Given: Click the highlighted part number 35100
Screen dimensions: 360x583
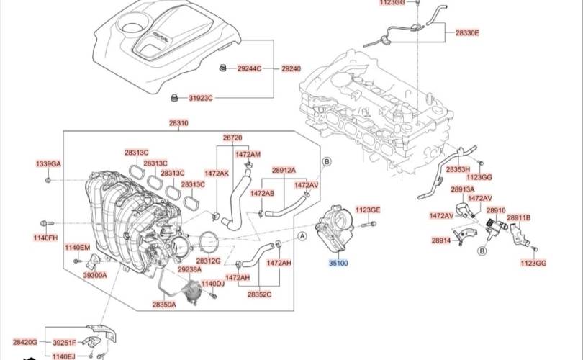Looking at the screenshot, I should [x=338, y=264].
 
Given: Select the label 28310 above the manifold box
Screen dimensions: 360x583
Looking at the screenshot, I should [x=178, y=123].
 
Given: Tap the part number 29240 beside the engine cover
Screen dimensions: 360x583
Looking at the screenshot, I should [x=291, y=68].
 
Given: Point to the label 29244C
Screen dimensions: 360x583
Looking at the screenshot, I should [x=250, y=68].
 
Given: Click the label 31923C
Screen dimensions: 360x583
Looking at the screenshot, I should [x=201, y=97].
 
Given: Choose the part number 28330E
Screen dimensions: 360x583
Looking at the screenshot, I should [x=466, y=33].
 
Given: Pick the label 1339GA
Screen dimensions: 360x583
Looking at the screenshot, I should [x=48, y=164].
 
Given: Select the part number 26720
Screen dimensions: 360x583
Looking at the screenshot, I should [x=232, y=137].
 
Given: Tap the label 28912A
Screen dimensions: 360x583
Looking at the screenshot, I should [x=284, y=170].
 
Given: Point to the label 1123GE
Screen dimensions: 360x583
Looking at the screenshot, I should [x=368, y=210].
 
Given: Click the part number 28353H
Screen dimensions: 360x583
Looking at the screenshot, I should [x=458, y=168].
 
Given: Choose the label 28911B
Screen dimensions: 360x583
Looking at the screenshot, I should [x=518, y=217].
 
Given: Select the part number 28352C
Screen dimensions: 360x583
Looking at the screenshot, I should [x=259, y=294].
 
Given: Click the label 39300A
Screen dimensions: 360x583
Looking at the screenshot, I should [x=94, y=275].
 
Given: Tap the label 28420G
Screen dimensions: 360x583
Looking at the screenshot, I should [x=24, y=342].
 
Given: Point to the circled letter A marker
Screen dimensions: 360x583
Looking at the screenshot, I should [x=302, y=235].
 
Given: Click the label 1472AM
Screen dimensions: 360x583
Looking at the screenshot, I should [x=248, y=154].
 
